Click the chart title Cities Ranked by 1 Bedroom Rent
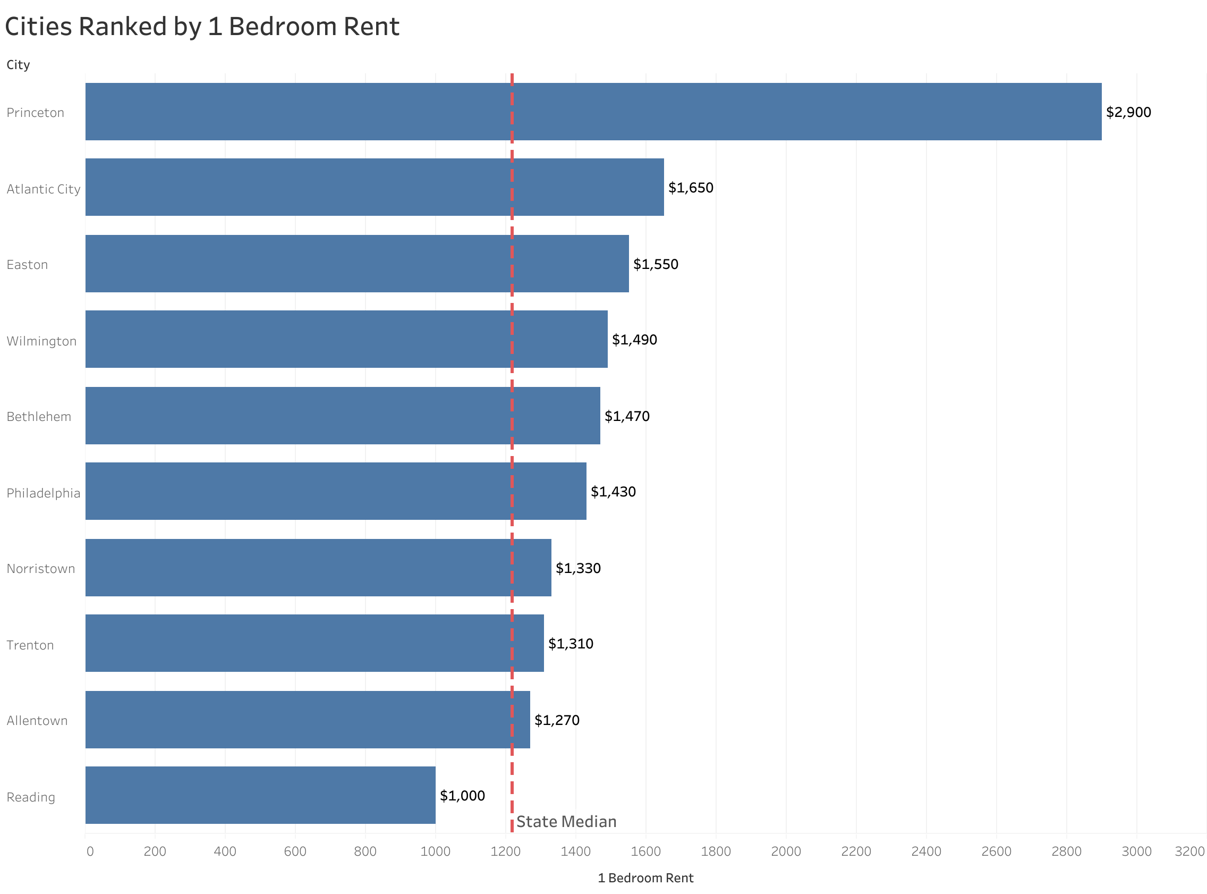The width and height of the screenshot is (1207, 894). [x=202, y=27]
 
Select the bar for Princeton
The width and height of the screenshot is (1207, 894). [x=593, y=112]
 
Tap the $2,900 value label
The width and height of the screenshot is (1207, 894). [x=1128, y=112]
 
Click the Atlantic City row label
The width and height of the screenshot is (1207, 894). [x=43, y=189]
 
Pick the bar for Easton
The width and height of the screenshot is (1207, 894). [x=357, y=264]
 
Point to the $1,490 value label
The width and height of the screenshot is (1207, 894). [x=634, y=339]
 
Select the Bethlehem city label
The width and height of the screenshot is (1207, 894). [x=39, y=417]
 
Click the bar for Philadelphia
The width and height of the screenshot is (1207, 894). [x=335, y=491]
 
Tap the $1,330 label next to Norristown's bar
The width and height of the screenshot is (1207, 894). [x=577, y=568]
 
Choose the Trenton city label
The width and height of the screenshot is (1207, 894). [x=30, y=645]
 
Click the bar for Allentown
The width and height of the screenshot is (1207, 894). [x=307, y=719]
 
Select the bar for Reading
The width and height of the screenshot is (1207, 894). [x=260, y=795]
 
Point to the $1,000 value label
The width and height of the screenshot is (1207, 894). [x=462, y=796]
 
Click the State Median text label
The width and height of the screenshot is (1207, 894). [x=566, y=822]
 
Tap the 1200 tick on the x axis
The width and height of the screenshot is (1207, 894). [x=505, y=851]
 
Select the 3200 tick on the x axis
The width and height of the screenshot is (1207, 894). [x=1189, y=851]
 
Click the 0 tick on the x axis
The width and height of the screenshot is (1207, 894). [x=90, y=851]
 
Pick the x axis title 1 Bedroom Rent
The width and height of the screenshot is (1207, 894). [x=645, y=878]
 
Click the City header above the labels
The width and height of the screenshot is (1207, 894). [x=18, y=64]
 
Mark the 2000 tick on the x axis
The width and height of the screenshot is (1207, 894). [x=785, y=851]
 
